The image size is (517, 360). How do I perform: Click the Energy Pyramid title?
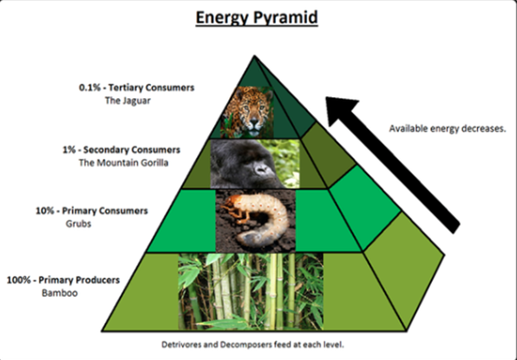pyautogui.click(x=257, y=18)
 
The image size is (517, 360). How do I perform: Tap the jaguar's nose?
pyautogui.click(x=253, y=124)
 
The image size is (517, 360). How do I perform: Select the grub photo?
pyautogui.click(x=256, y=221)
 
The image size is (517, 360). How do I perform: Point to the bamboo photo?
pyautogui.click(x=251, y=291)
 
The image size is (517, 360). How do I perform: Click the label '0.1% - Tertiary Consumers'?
pyautogui.click(x=136, y=88)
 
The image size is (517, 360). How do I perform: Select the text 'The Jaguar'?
pyautogui.click(x=128, y=101)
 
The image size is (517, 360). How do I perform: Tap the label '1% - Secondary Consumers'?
pyautogui.click(x=121, y=150)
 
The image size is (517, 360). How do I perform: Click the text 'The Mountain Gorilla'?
pyautogui.click(x=123, y=163)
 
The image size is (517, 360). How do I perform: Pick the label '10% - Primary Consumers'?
pyautogui.click(x=92, y=211)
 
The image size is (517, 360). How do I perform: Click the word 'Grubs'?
pyautogui.click(x=78, y=224)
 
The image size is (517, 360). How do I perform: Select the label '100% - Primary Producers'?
pyautogui.click(x=63, y=280)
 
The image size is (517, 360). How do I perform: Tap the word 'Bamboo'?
pyautogui.click(x=60, y=293)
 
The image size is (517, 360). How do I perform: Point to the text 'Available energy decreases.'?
pyautogui.click(x=448, y=128)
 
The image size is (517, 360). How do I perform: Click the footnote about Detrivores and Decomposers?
pyautogui.click(x=252, y=345)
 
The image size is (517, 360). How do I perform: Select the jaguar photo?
pyautogui.click(x=248, y=112)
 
